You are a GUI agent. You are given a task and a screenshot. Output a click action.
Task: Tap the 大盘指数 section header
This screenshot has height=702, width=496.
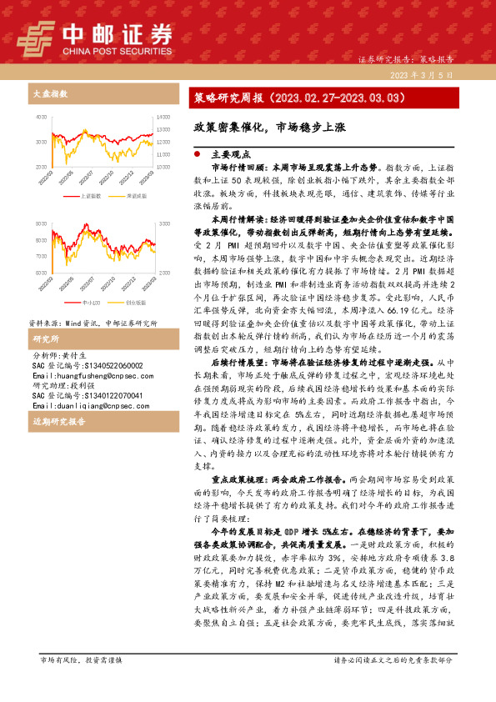[x=48, y=93]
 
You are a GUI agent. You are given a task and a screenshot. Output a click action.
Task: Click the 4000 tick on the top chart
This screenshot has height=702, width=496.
[x=41, y=117]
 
